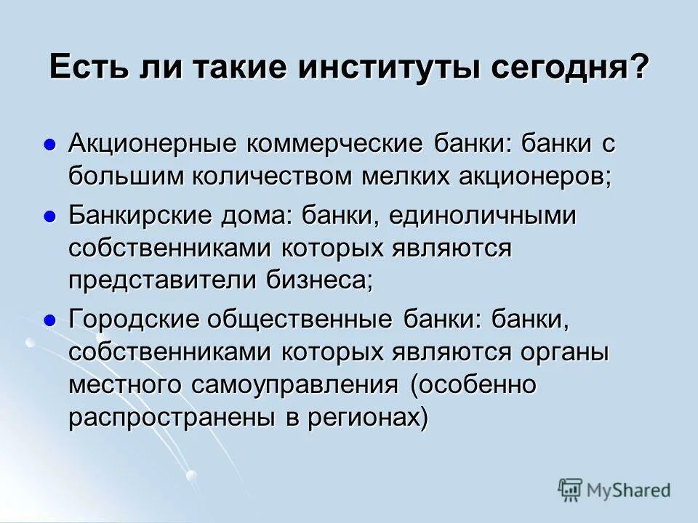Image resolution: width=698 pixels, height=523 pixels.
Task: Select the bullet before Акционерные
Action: point(50,144)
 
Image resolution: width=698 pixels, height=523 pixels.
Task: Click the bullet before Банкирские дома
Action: point(50,216)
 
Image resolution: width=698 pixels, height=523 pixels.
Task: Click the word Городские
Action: point(134,320)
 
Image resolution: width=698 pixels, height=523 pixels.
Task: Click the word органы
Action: point(564,352)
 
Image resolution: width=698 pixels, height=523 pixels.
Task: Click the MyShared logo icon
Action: point(570,490)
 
